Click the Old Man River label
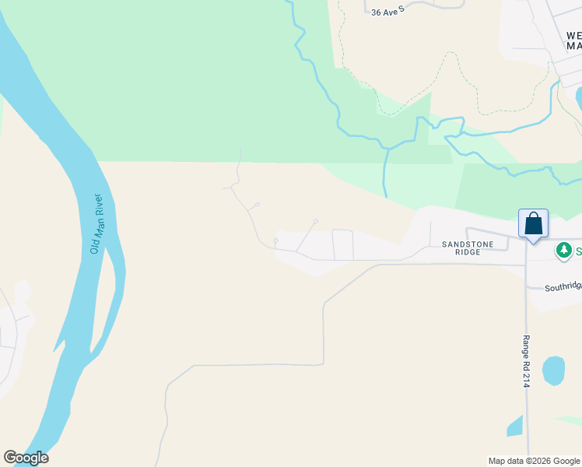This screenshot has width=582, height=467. (x=97, y=223)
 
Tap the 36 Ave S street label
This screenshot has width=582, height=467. (x=388, y=12)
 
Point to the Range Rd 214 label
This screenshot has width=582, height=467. (x=526, y=362)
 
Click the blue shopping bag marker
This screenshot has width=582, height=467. (x=533, y=223)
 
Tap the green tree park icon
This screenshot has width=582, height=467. (x=563, y=251)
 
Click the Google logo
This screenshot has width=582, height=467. (x=26, y=458)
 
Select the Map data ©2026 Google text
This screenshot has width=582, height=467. (x=534, y=461)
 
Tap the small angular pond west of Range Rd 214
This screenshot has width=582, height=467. (x=514, y=427)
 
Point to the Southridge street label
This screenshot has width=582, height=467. (x=562, y=286)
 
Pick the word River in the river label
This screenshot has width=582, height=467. (x=98, y=205)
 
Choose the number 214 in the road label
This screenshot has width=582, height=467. (x=526, y=379)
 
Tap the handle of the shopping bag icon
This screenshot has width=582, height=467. (x=533, y=216)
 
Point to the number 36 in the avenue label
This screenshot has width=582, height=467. (x=377, y=12)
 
